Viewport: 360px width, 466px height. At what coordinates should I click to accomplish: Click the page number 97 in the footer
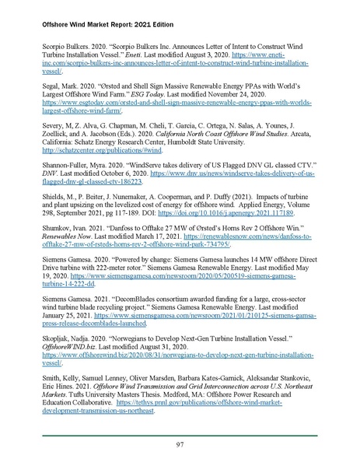[x=180, y=443]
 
